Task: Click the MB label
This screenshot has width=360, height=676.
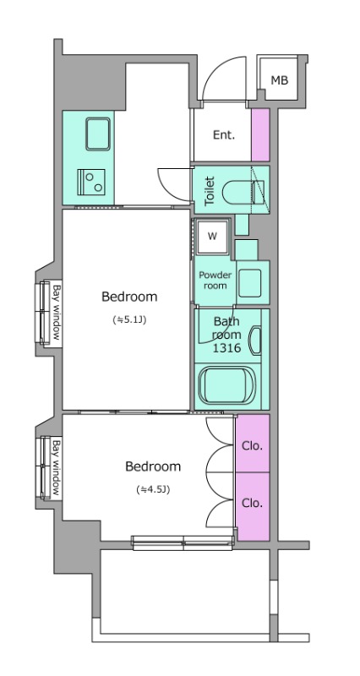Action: click(280, 79)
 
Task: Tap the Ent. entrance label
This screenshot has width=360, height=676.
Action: click(224, 135)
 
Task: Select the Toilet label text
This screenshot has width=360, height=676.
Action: click(209, 190)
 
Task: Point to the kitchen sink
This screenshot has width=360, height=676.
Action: click(97, 134)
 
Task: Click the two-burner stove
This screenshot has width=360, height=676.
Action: click(91, 182)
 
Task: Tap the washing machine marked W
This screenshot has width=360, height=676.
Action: click(212, 237)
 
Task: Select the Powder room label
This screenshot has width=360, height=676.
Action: click(215, 281)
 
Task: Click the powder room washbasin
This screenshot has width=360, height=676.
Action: click(249, 283)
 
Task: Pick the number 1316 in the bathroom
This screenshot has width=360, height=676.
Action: click(226, 348)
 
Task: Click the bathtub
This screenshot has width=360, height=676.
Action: click(226, 386)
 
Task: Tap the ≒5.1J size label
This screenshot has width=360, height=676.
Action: click(129, 320)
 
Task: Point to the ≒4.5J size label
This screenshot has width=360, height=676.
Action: click(153, 489)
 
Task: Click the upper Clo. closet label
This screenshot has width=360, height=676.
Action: click(252, 446)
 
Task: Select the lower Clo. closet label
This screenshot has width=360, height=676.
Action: click(252, 503)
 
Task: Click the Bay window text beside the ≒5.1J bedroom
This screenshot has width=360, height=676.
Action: click(57, 313)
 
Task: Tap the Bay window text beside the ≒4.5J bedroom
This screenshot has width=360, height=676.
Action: click(57, 467)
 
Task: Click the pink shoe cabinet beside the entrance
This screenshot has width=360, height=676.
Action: click(260, 135)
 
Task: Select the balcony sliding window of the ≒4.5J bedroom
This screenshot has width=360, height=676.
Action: click(183, 542)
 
